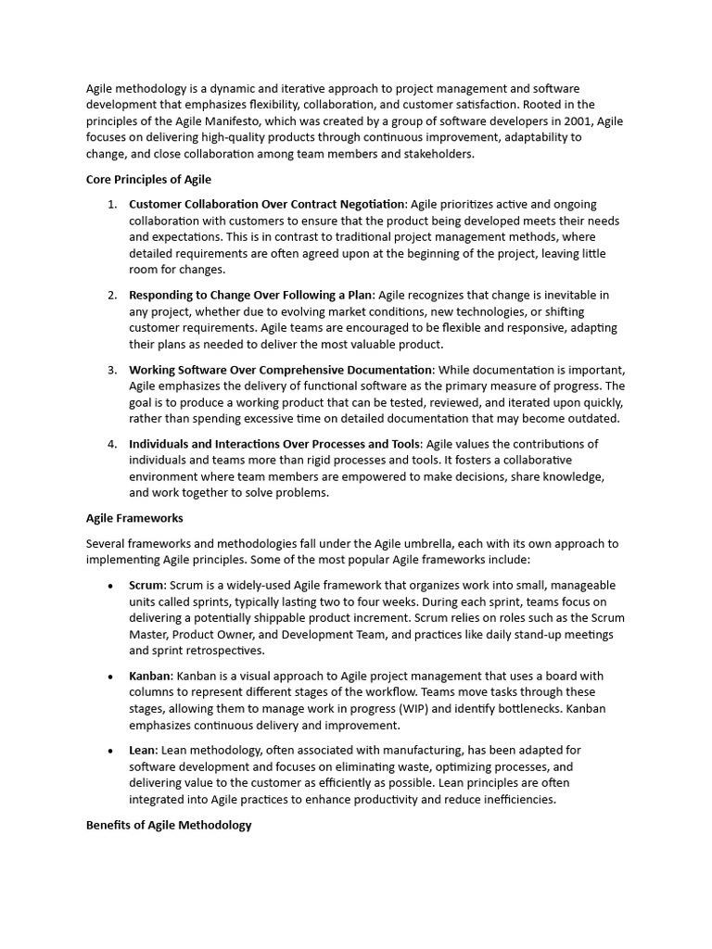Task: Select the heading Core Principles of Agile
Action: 148,179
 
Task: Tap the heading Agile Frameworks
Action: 134,518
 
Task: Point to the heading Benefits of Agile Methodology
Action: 169,824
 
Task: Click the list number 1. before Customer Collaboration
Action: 112,204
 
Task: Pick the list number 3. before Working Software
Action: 112,370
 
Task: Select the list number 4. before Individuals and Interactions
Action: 112,444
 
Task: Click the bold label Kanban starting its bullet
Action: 149,676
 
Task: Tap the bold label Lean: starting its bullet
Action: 144,750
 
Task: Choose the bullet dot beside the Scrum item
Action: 111,586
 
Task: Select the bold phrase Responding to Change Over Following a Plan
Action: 251,295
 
